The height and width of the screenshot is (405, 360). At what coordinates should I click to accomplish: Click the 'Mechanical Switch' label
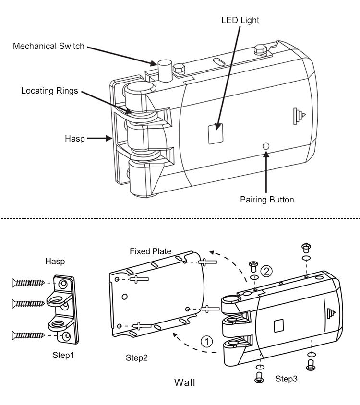pos(49,47)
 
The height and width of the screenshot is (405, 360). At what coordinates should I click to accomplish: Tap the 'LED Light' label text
pos(240,20)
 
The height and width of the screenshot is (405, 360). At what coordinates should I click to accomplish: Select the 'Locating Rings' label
pos(49,90)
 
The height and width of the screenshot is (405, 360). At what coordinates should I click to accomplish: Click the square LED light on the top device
pos(216,133)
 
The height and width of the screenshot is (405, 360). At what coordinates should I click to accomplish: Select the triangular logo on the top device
pos(299,116)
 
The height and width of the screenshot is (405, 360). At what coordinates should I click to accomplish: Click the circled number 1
pos(206,342)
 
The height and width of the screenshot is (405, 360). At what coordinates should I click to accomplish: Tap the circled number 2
pos(268,271)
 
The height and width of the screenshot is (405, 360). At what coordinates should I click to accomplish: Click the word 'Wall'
pos(184,383)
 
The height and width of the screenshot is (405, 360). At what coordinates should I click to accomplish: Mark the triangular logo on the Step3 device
pos(329,314)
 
